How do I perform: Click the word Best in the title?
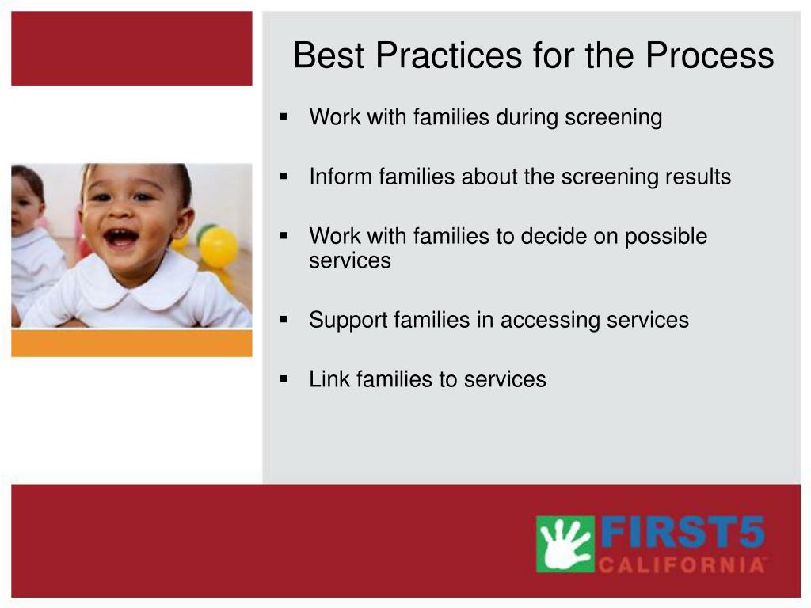pyautogui.click(x=329, y=55)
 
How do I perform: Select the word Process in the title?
pyautogui.click(x=710, y=55)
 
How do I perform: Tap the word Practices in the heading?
pyautogui.click(x=449, y=55)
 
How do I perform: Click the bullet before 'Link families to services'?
pyautogui.click(x=284, y=379)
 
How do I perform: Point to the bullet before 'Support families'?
pyautogui.click(x=284, y=320)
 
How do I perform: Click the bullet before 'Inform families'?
pyautogui.click(x=284, y=177)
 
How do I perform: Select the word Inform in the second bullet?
pyautogui.click(x=341, y=177)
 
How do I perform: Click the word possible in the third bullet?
pyautogui.click(x=665, y=237)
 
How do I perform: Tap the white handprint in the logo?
pyautogui.click(x=565, y=545)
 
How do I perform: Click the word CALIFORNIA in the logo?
pyautogui.click(x=682, y=564)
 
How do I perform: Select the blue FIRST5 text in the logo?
pyautogui.click(x=683, y=533)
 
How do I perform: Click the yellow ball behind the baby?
pyautogui.click(x=219, y=247)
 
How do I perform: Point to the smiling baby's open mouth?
pyautogui.click(x=121, y=237)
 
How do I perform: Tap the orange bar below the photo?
pyautogui.click(x=132, y=344)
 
